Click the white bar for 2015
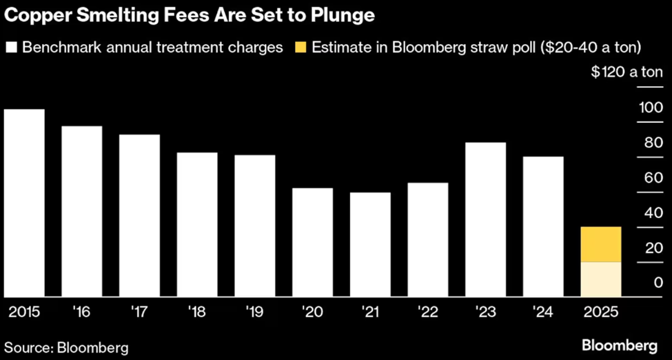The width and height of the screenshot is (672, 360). coord(25,203)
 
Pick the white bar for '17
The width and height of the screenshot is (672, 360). coord(139,215)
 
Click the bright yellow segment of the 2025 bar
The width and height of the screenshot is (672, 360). coord(601,244)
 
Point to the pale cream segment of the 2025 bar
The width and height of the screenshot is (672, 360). coord(601,279)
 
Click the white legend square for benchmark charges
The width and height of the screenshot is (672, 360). coord(12,48)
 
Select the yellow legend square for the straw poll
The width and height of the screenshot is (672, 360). coord(301,48)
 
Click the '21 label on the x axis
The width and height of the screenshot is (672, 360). coord(369,312)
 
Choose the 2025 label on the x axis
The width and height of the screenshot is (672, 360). coord(600,312)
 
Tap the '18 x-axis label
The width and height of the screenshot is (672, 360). coord(196,312)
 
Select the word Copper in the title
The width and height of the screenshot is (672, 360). coord(34,15)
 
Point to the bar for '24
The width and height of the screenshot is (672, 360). coord(543,227)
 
